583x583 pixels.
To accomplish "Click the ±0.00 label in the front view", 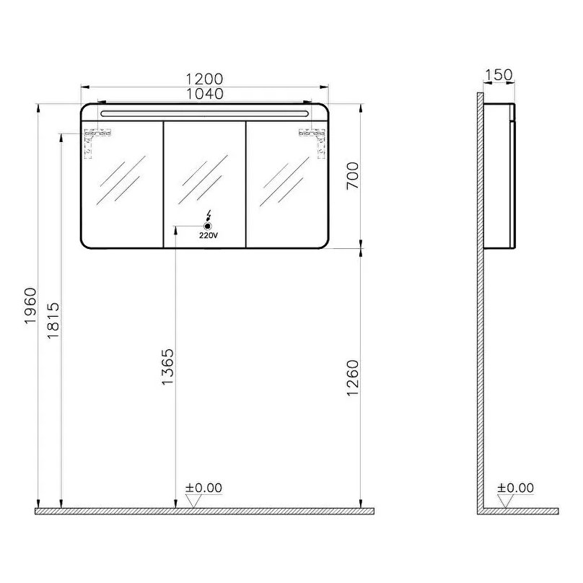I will (203, 488).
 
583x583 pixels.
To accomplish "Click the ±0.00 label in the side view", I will (515, 488).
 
